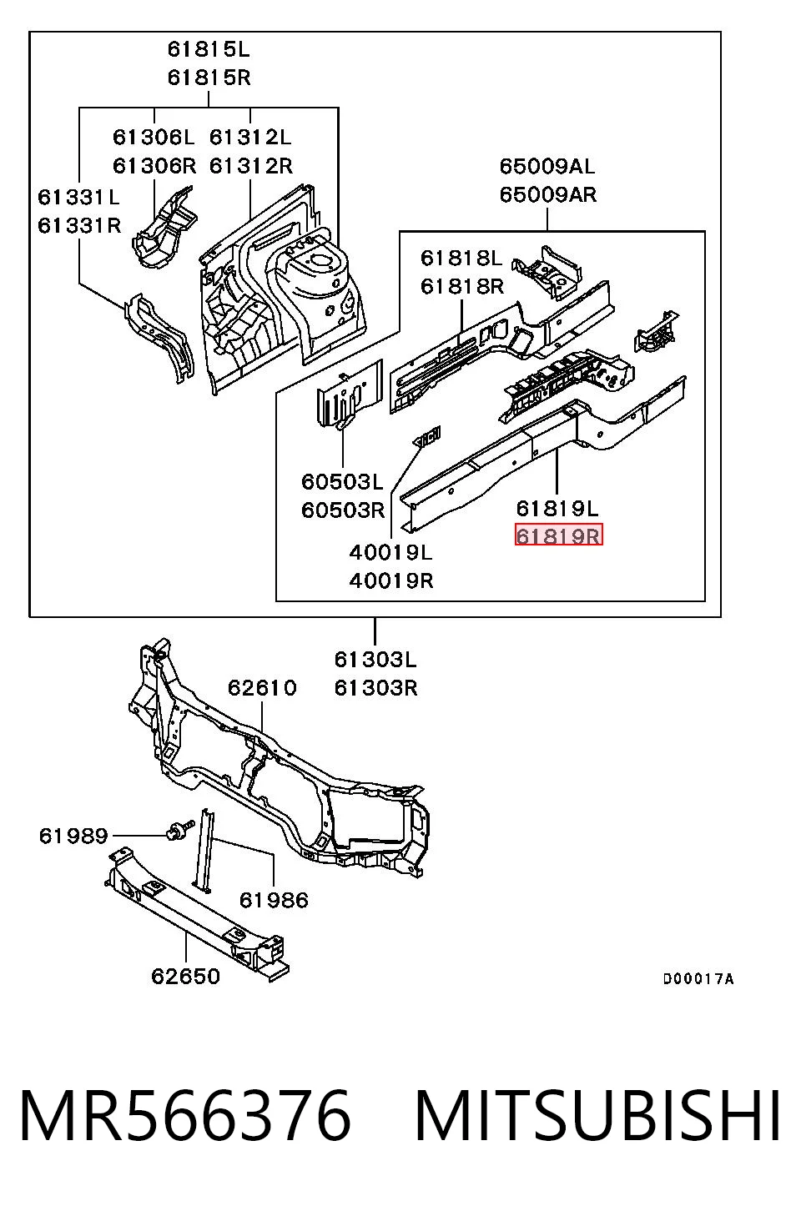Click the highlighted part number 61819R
558,535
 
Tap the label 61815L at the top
209,49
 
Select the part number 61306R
154,165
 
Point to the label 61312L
250,137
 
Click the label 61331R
79,225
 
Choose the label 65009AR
548,194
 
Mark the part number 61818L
462,258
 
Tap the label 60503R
343,510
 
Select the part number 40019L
391,552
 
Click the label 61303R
376,688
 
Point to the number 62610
262,688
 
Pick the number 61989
73,836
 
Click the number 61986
274,900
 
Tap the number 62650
185,976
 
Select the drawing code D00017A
698,978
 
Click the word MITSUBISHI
597,1115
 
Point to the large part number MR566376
185,1115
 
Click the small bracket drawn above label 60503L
350,394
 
